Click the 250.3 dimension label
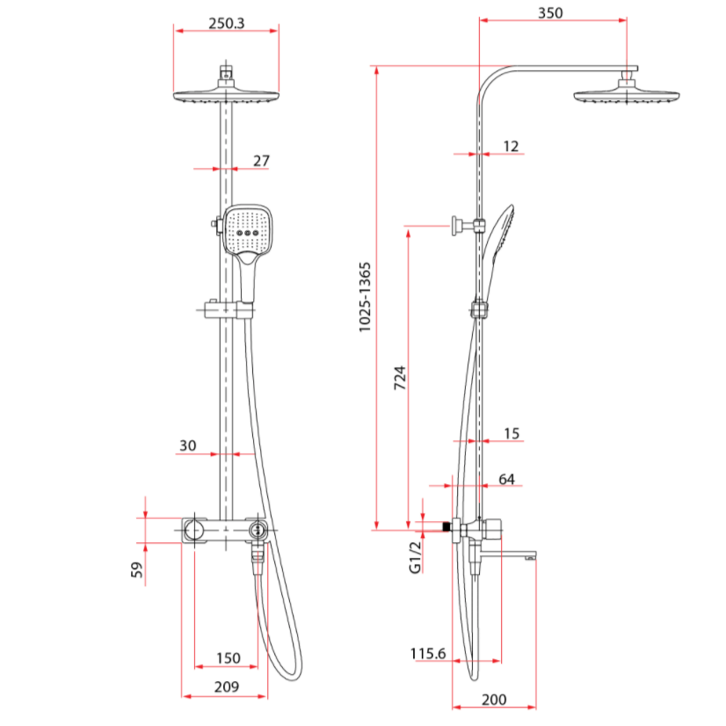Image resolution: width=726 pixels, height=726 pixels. click(x=227, y=24)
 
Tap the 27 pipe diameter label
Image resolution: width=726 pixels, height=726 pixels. click(x=261, y=161)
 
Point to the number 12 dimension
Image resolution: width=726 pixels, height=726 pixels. click(x=512, y=146)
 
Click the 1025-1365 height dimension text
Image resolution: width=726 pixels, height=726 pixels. click(x=365, y=297)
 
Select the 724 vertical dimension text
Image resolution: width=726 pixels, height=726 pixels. click(x=400, y=378)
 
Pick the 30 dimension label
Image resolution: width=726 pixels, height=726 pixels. click(x=187, y=446)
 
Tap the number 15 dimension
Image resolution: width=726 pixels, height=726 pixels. click(x=512, y=432)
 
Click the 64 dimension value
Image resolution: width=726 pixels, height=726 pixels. click(x=506, y=479)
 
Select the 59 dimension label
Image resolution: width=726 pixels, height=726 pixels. click(x=136, y=570)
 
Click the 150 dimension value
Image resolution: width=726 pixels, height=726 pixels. click(x=228, y=658)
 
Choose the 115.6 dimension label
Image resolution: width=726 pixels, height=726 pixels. click(x=428, y=653)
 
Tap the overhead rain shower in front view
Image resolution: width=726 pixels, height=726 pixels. click(x=227, y=96)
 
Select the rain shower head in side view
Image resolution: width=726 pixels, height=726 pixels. click(x=627, y=95)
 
